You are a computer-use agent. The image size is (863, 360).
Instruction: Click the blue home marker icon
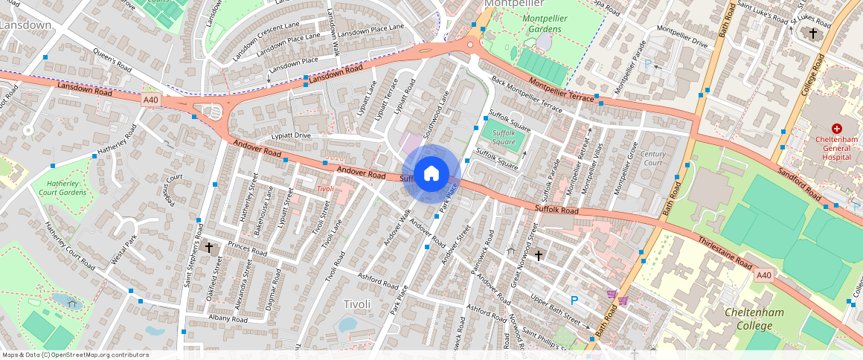pyautogui.click(x=431, y=174)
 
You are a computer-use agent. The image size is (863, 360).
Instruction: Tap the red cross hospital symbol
pyautogui.click(x=836, y=129)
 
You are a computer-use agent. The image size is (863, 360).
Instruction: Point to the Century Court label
pyautogui.click(x=653, y=158)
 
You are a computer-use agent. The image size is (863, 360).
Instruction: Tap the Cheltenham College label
pyautogui.click(x=754, y=318)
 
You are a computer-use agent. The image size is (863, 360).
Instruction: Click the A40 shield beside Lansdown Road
pyautogui.click(x=151, y=99)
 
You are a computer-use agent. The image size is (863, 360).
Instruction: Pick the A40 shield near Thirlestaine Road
pyautogui.click(x=763, y=275)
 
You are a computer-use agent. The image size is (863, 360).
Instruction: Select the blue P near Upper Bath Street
pyautogui.click(x=574, y=300)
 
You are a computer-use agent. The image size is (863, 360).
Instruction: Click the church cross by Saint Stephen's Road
pyautogui.click(x=209, y=247)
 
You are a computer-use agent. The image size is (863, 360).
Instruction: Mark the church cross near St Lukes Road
pyautogui.click(x=813, y=33)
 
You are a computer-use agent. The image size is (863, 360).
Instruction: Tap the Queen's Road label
pyautogui.click(x=112, y=61)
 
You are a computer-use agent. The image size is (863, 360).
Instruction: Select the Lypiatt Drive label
pyautogui.click(x=290, y=136)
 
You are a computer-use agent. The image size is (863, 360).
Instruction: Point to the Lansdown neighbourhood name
pyautogui.click(x=25, y=25)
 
